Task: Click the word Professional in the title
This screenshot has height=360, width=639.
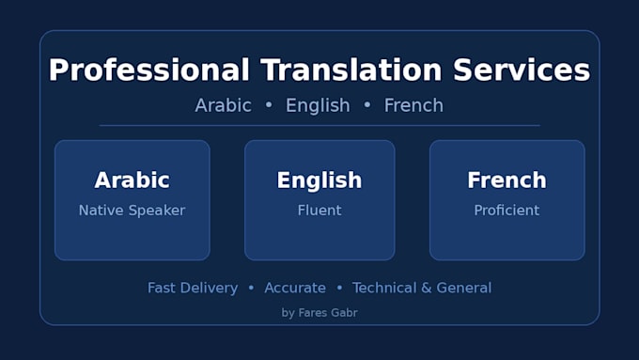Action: pos(149,70)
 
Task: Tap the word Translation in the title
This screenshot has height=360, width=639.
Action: pos(351,70)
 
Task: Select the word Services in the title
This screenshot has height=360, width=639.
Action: pos(522,70)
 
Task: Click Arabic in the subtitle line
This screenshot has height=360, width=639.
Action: pos(224,105)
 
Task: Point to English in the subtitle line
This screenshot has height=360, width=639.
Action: pos(318,105)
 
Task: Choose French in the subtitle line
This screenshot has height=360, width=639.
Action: pos(413,105)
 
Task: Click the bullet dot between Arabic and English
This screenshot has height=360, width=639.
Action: pos(269,104)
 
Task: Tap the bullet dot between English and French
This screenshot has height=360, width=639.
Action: pos(367,104)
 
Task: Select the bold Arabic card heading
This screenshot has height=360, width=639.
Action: pos(132,180)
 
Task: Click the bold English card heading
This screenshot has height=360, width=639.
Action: pos(319,180)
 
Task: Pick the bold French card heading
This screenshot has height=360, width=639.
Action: pos(507,180)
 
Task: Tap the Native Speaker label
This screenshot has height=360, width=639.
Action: pos(132,211)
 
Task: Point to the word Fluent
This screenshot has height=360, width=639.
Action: pos(319,211)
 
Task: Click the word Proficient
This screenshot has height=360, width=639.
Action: pos(507,211)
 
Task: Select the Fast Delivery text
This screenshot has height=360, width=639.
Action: pos(193,288)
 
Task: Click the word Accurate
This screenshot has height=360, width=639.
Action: pos(295,288)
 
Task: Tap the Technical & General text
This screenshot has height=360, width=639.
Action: pos(422,288)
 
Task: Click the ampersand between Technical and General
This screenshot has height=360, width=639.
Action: pos(427,288)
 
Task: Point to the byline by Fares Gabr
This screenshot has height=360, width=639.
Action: pos(319,313)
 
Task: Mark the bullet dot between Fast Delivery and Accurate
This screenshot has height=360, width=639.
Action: pos(251,288)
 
